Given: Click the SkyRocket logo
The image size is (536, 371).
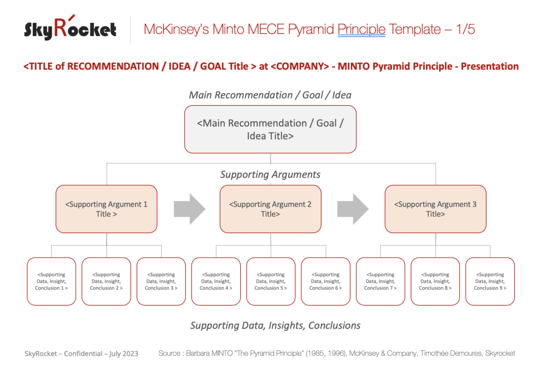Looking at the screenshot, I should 70,28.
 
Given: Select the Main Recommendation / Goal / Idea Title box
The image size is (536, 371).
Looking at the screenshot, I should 270,129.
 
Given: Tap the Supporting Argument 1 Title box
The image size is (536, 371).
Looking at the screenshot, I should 106,209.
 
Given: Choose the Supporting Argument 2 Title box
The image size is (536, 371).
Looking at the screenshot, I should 270,209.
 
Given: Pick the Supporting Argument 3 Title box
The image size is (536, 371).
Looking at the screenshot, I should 435,209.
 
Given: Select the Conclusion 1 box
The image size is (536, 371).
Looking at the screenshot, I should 51,281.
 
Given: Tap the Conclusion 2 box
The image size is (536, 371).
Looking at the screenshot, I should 106,281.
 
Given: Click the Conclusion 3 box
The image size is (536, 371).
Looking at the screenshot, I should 161,281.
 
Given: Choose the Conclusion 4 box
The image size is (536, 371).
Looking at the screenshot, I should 216,281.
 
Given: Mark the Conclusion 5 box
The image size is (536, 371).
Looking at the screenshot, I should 271,281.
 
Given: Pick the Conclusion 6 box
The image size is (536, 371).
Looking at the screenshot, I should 326,281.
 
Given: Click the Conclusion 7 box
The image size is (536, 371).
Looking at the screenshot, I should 380,281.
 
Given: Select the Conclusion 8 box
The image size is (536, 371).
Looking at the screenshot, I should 435,281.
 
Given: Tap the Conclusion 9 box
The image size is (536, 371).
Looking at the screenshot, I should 490,281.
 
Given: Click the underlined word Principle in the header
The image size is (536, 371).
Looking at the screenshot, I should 361,29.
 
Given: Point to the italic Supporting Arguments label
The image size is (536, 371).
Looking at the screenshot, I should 270,174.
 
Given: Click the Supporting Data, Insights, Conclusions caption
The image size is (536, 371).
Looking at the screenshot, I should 275,325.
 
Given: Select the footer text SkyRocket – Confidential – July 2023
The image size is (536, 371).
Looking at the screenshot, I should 81,354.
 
